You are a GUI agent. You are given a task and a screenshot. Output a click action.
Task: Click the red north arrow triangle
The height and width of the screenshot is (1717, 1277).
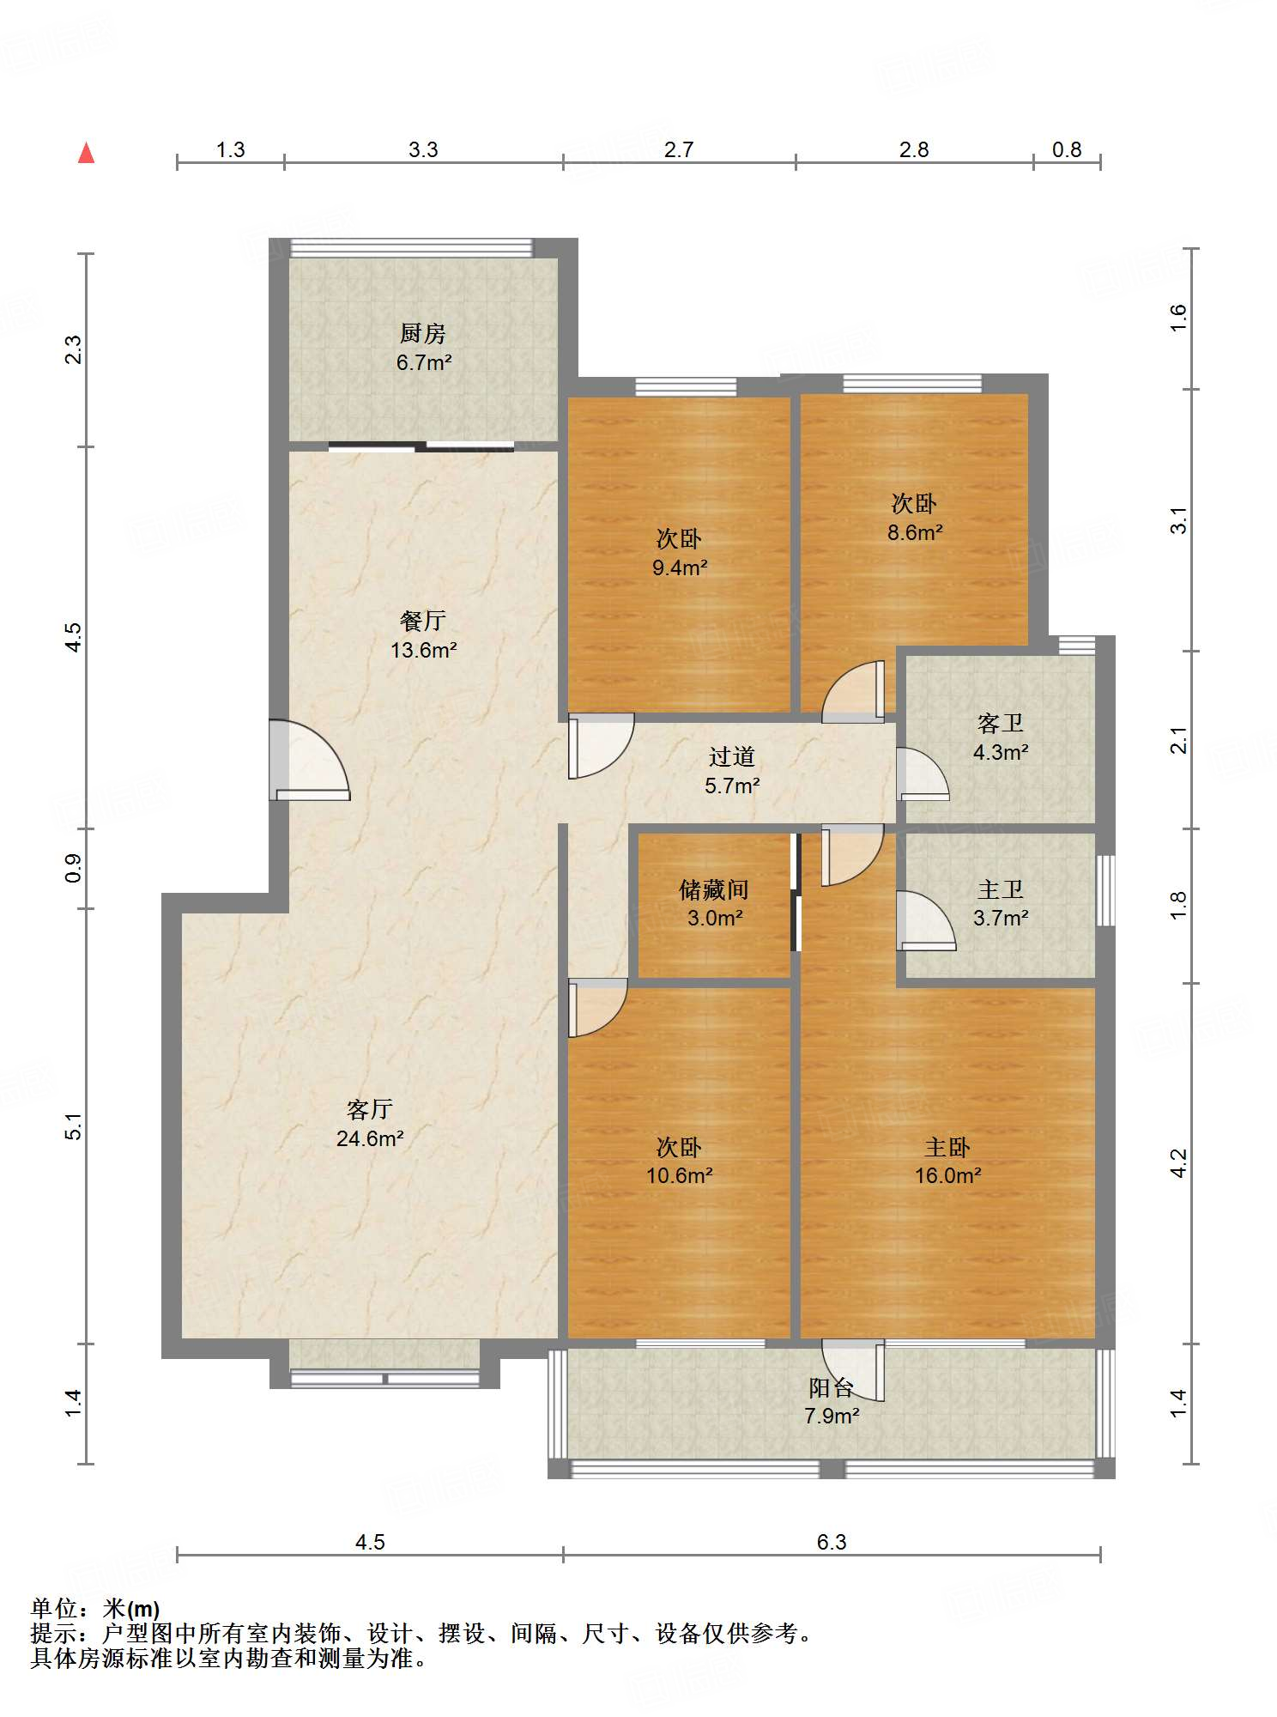(86, 153)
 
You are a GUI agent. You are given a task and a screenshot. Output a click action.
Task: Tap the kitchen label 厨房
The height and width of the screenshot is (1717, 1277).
(423, 333)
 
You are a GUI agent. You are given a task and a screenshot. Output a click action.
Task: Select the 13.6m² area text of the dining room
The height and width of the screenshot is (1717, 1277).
(423, 651)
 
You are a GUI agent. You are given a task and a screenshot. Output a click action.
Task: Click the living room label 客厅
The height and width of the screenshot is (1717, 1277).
(370, 1110)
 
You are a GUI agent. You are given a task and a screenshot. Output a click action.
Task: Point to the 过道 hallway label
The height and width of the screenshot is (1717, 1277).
(732, 756)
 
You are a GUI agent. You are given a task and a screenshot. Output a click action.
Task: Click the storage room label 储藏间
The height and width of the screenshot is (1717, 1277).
(714, 889)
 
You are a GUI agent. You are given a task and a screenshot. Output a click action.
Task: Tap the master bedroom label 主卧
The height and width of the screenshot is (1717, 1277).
(947, 1147)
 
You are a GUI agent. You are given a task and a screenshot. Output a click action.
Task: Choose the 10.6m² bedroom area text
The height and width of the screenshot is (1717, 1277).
(680, 1176)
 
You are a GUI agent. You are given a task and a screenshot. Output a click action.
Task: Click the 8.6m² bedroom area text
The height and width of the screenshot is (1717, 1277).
(915, 533)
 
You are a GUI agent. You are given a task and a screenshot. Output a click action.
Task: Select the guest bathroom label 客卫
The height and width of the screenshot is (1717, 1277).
(1001, 724)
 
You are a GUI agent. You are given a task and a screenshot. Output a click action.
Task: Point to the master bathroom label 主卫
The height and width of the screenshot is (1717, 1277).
(1001, 889)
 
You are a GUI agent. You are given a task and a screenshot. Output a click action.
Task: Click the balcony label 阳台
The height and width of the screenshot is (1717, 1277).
(832, 1387)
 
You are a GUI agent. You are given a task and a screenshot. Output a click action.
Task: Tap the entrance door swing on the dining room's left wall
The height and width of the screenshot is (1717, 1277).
(310, 760)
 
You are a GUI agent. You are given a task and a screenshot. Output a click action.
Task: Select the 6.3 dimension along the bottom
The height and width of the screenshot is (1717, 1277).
(832, 1542)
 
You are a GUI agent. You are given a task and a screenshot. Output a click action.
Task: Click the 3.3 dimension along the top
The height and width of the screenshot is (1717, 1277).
(423, 150)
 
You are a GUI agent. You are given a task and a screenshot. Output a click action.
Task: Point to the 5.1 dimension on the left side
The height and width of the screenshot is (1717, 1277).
(74, 1125)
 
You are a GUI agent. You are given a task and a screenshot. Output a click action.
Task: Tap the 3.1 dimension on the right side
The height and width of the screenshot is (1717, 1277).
(1179, 520)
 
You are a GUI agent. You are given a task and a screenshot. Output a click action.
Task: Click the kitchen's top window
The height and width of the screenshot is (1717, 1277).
(411, 248)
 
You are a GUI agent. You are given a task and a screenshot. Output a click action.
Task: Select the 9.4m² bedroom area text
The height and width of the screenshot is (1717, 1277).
(680, 567)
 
